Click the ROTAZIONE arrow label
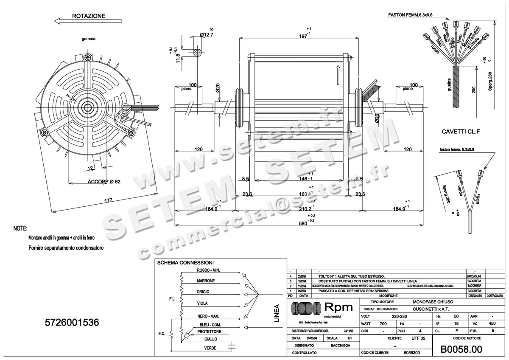pos(89,16)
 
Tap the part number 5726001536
pos(72,323)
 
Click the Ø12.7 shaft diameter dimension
pos(206,34)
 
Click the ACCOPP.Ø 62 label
pos(104,182)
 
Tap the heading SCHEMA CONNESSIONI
pos(185,263)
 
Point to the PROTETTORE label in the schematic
pos(209,332)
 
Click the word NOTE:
pos(20,228)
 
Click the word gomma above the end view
pos(89,39)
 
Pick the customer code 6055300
pos(411,353)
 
